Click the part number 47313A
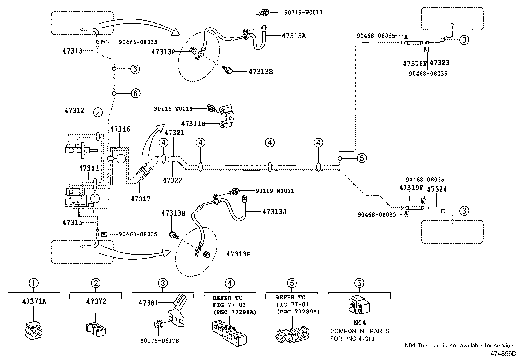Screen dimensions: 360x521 [x=294, y=36]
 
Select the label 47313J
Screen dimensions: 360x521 [x=274, y=212]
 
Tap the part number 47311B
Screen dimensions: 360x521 [x=193, y=124]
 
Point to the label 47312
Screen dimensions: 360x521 [x=74, y=111]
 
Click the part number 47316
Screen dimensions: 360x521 [x=120, y=129]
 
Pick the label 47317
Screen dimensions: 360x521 [x=140, y=199]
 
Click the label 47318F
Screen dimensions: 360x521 [x=415, y=63]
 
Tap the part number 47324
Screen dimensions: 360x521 [x=437, y=189]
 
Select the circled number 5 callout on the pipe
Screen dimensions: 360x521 [x=361, y=158]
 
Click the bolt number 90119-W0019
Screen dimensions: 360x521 [x=173, y=108]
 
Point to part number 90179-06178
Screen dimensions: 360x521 [x=158, y=341]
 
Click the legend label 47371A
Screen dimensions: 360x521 [x=34, y=301]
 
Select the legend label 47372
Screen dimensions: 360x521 [x=96, y=301]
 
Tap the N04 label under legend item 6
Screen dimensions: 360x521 [x=360, y=323]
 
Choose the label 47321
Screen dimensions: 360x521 [x=174, y=133]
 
